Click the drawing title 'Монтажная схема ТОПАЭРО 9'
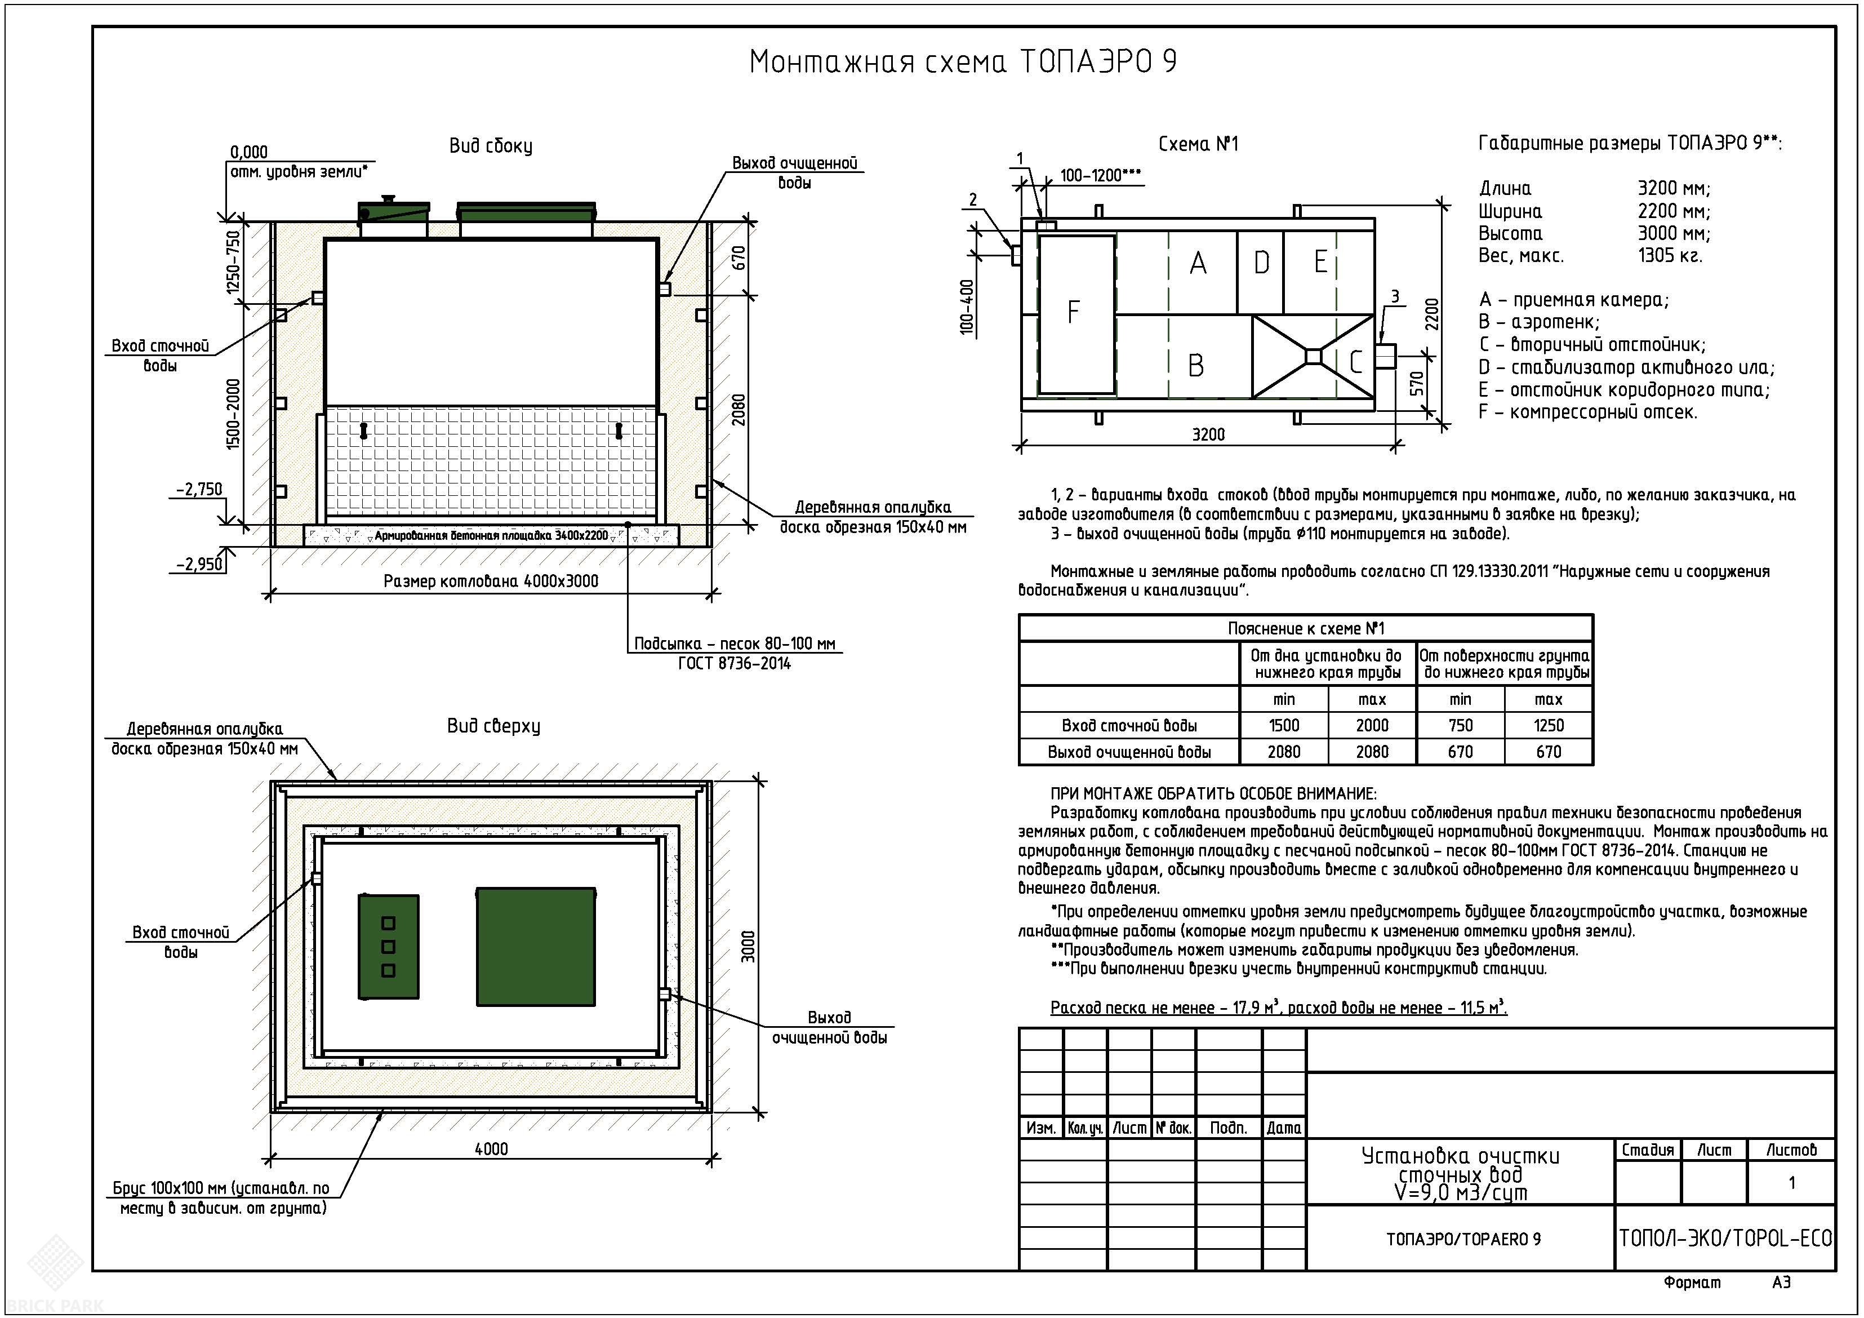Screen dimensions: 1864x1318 [962, 63]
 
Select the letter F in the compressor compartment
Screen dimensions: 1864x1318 [1073, 312]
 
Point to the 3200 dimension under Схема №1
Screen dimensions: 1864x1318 [1208, 434]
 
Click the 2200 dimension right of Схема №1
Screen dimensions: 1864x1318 [1432, 314]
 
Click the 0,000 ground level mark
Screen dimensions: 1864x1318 [248, 152]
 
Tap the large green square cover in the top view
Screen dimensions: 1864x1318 [536, 947]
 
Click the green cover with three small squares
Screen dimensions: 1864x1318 [389, 947]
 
